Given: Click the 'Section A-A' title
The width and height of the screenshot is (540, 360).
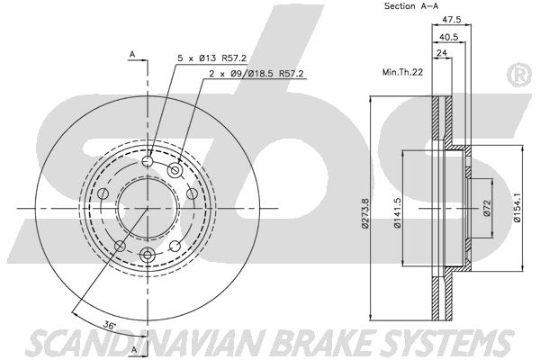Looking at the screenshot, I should [x=411, y=6].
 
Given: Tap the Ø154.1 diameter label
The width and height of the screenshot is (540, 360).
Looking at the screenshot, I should [x=517, y=204].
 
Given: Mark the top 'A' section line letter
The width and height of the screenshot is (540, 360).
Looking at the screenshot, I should [x=132, y=55].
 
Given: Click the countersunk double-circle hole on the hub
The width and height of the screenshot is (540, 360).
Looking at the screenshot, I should [x=175, y=170].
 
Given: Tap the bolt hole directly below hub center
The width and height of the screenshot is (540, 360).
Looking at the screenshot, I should [x=148, y=255].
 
